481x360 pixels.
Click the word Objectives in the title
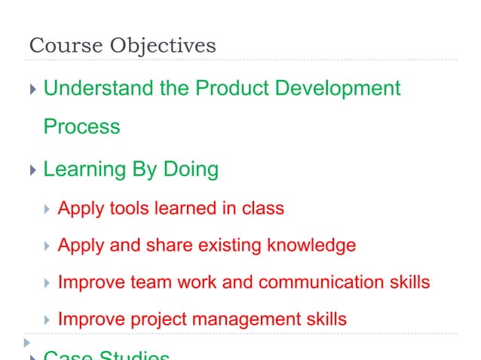click(x=163, y=46)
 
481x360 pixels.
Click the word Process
click(x=81, y=127)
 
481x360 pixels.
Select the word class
click(x=262, y=208)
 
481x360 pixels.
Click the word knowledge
click(x=310, y=246)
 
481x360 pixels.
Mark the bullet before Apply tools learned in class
click(x=47, y=209)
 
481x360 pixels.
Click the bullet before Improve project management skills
click(x=47, y=320)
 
